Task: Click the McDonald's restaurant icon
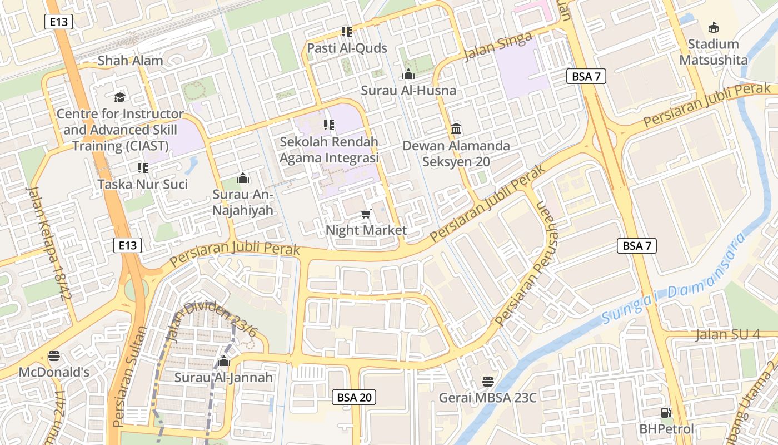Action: coord(54,355)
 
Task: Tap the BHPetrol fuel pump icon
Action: coord(666,413)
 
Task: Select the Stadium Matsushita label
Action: coord(714,52)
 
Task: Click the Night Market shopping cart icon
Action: coord(366,214)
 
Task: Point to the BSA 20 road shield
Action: coord(354,397)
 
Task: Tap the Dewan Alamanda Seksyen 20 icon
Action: coord(456,129)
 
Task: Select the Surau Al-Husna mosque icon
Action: coord(408,74)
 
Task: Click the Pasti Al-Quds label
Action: coord(347,48)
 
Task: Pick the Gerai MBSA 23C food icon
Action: coord(488,382)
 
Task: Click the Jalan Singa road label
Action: coord(497,46)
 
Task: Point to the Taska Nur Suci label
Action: coord(143,184)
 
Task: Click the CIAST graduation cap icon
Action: coord(119,97)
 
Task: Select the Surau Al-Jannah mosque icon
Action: coord(224,362)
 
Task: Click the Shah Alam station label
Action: coord(131,61)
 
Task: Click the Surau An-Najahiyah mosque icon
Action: coord(243,179)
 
